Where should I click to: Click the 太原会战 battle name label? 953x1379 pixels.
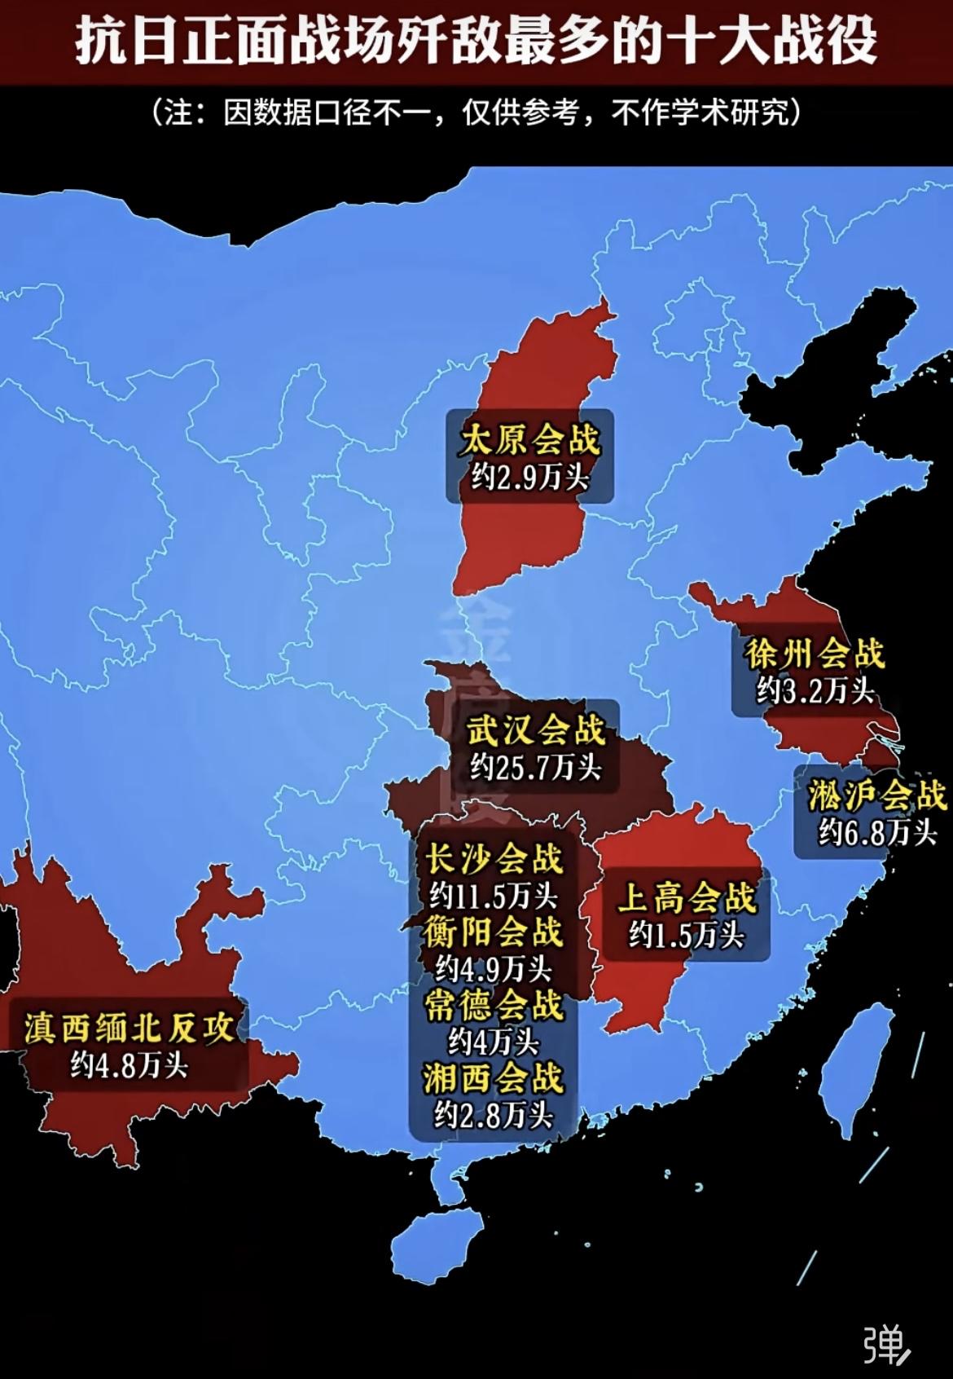(529, 440)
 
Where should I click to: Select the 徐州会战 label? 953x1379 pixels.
(814, 654)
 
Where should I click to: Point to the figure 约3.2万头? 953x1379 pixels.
(815, 691)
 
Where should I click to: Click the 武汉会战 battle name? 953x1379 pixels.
(535, 729)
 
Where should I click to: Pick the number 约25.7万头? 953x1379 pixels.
(535, 767)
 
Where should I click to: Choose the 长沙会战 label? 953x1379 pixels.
(494, 858)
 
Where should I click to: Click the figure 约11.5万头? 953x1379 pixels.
(494, 897)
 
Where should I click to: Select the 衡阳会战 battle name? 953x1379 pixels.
(494, 932)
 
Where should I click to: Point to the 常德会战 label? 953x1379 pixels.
(494, 1005)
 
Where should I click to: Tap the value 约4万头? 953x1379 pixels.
(494, 1042)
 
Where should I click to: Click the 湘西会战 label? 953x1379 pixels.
(494, 1078)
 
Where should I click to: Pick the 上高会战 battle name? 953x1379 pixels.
(687, 898)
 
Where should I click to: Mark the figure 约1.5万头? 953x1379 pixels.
(687, 935)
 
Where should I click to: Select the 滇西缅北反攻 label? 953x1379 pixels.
(129, 1027)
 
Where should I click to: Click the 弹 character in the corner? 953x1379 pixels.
(885, 1346)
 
